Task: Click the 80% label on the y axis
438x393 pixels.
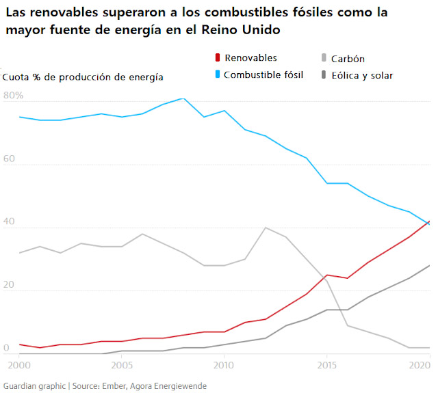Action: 13,96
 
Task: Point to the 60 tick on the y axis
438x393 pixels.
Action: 10,159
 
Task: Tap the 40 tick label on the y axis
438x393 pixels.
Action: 10,222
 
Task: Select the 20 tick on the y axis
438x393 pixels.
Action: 10,285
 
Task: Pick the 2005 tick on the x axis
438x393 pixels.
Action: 122,366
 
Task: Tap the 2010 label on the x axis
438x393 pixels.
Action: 224,366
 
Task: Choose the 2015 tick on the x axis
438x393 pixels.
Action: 326,366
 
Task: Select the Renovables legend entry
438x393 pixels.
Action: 250,58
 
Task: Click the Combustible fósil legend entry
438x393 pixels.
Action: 263,74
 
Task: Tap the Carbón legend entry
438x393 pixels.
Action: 347,59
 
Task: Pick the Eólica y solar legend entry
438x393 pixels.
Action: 361,75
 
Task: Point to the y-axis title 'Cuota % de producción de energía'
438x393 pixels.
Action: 83,77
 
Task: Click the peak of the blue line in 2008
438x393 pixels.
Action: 183,98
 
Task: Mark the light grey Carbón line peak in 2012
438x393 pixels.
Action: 265,228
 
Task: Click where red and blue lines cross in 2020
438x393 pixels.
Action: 428,222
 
